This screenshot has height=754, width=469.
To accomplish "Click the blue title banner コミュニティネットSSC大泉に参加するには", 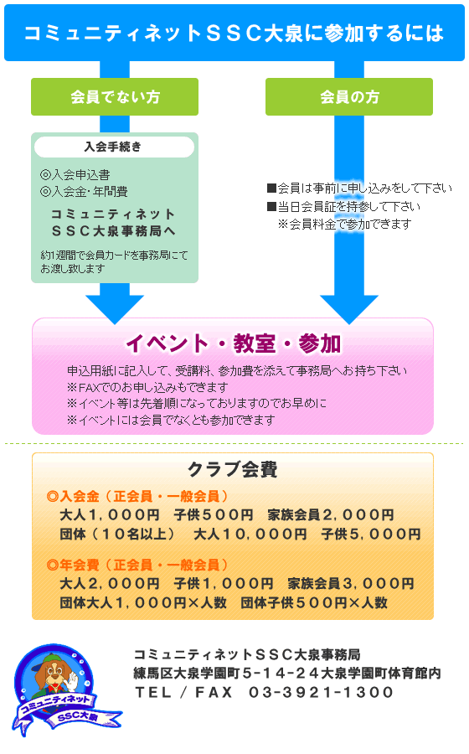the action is [x=234, y=33].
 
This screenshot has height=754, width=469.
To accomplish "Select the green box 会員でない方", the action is [x=115, y=96].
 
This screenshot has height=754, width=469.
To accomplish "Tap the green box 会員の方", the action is [x=349, y=96].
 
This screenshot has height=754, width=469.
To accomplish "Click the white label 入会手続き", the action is [x=115, y=147].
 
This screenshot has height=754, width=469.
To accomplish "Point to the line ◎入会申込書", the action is [x=75, y=174].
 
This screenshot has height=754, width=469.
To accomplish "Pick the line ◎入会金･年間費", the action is [x=84, y=191].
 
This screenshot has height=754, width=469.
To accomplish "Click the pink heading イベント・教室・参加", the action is [x=233, y=343].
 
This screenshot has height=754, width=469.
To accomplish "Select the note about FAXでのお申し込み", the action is [x=147, y=387].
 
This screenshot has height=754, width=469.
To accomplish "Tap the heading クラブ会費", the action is [x=233, y=469].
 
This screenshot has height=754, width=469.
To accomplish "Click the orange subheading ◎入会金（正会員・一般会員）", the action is [x=137, y=496].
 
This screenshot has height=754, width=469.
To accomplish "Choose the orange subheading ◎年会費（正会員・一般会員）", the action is [x=137, y=565].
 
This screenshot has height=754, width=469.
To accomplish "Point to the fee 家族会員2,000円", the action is [x=331, y=515].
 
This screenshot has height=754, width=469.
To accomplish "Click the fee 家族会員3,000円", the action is [x=351, y=583].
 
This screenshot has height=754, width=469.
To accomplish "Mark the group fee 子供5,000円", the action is [x=372, y=534].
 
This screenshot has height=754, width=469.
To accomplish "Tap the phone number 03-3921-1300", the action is [x=321, y=692].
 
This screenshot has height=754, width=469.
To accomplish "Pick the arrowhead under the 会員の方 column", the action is [x=349, y=308].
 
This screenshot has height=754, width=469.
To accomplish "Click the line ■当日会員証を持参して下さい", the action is [x=344, y=206].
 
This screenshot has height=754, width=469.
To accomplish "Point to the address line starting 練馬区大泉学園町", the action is [x=287, y=674].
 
